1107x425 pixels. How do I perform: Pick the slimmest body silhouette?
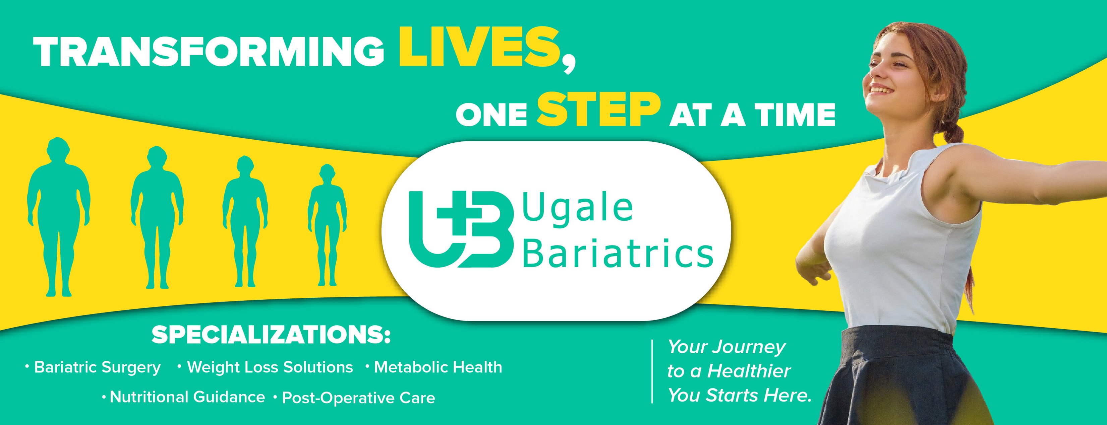[x=328, y=225]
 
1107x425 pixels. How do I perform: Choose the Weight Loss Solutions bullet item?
[x=270, y=367]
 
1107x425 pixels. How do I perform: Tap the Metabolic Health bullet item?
[x=438, y=367]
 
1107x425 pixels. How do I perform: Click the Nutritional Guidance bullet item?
[x=187, y=397]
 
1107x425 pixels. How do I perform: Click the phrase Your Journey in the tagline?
[x=726, y=347]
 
